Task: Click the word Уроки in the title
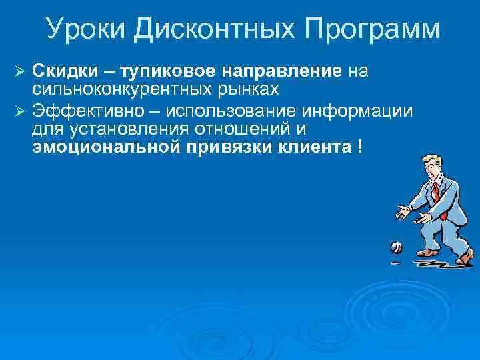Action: (85, 30)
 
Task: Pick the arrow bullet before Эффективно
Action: (19, 110)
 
